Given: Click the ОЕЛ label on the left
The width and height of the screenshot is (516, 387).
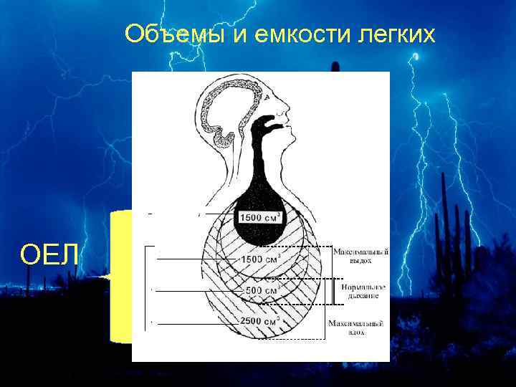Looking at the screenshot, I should pos(49,254).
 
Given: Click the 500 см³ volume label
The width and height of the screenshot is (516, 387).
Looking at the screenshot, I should pos(261,290).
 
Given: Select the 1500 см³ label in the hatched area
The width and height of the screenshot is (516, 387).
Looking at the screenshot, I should pos(259,258).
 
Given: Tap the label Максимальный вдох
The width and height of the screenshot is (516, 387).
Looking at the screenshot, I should pos(357,328).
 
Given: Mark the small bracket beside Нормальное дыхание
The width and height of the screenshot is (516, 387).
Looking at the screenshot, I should pos(333,290).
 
